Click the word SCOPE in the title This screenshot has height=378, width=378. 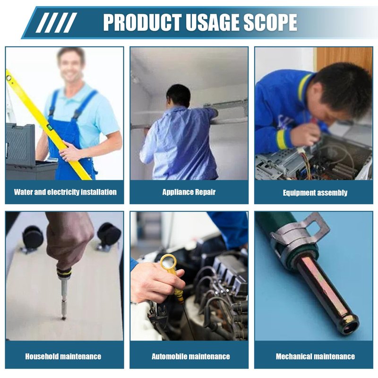click(270, 22)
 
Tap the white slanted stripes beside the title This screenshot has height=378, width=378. click(56, 22)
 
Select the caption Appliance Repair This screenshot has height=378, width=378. click(189, 192)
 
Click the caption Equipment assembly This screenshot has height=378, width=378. click(315, 193)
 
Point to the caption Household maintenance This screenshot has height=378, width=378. click(63, 356)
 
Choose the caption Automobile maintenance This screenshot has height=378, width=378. click(191, 356)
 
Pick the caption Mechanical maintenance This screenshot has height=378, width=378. click(315, 356)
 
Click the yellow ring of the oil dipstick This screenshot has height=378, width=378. click(169, 262)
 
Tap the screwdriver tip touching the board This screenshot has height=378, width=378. click(63, 318)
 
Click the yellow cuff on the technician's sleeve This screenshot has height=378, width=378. click(283, 140)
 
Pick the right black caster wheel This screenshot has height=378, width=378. click(109, 234)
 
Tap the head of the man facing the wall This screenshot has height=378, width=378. click(179, 96)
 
